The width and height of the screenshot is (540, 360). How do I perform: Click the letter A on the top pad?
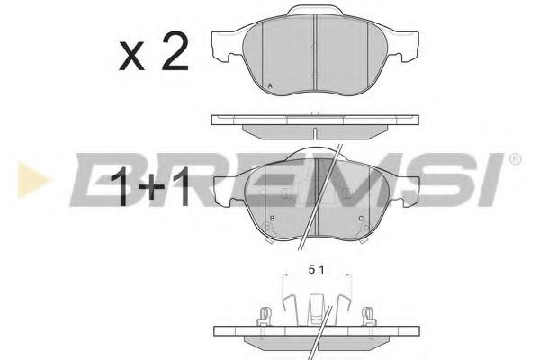270,85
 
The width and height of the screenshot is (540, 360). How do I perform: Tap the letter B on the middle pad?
272,219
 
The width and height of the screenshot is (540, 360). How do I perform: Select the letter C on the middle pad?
361,219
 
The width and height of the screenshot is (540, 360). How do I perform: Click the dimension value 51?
316,270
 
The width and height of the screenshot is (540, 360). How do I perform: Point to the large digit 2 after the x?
175,51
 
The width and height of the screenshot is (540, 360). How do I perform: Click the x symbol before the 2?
131,57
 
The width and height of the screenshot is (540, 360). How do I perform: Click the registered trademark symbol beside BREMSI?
515,159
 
